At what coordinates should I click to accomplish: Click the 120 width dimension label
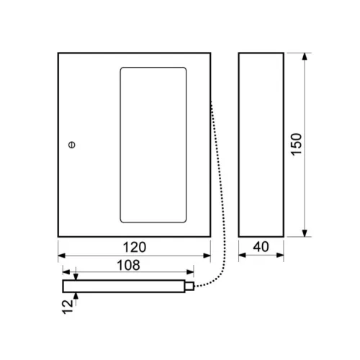135,247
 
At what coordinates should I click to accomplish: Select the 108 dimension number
128,265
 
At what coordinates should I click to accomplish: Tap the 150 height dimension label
296,144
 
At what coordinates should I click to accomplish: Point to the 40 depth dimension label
261,247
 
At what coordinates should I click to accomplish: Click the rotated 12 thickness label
68,307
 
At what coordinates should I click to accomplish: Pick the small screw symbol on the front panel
72,145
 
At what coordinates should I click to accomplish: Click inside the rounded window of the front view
153,145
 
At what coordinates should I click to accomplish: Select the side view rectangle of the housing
261,145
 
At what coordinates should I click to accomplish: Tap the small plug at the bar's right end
189,286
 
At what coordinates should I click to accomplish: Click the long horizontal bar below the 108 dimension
124,286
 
